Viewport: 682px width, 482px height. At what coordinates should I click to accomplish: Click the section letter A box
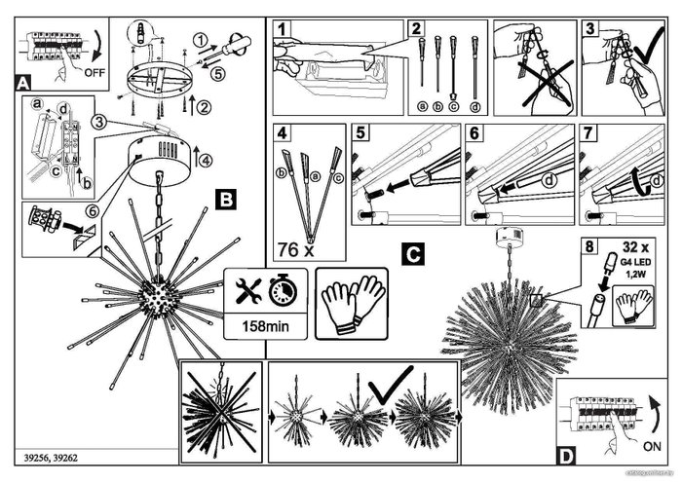(24, 84)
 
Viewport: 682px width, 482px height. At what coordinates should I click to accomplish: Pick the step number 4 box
(282, 134)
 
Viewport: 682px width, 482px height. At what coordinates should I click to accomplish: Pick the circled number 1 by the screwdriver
(199, 40)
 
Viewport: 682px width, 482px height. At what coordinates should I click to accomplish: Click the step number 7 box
(588, 134)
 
